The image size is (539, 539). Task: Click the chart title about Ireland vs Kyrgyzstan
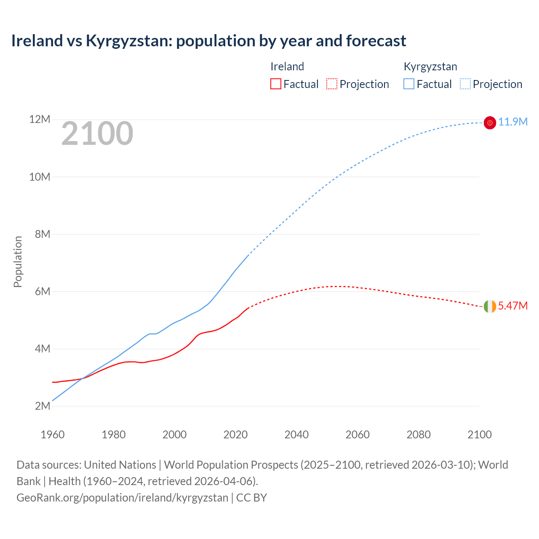pos(208,41)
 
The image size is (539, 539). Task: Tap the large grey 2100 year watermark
pos(97,133)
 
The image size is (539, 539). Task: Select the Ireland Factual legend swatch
pos(275,84)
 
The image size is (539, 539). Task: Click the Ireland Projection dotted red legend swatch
pos(332,84)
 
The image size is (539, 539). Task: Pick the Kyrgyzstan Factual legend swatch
pos(409,84)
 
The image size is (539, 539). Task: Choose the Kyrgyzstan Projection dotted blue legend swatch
pos(465,84)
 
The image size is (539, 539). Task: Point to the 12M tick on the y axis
pos(40,120)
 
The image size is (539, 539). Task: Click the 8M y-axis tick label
pos(43,234)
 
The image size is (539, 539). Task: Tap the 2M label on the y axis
pos(43,406)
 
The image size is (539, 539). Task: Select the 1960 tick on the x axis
pos(53,435)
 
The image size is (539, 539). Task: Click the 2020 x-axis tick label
pos(235,435)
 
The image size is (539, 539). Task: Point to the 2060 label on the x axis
pos(358,435)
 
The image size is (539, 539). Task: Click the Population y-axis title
pos(18,261)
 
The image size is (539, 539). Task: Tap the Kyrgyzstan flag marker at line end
pos(490,123)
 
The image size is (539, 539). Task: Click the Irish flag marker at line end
pos(490,307)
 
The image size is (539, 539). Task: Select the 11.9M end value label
pos(513,122)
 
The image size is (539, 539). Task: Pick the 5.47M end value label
pos(513,306)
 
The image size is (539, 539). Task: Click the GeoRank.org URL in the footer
pos(122,498)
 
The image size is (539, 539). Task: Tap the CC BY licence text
pos(251,498)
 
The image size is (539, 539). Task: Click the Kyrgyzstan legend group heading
pos(430,67)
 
